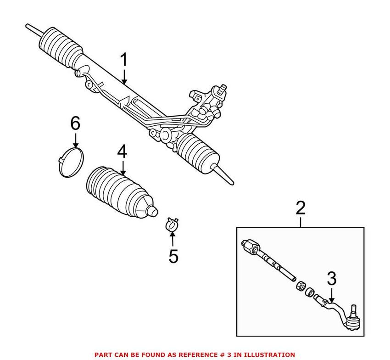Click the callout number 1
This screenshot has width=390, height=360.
point(124,61)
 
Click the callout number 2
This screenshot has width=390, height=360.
point(301,208)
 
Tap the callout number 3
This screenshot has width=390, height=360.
point(331,278)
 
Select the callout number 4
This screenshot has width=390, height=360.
point(122,152)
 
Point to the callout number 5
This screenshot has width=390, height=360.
point(173,256)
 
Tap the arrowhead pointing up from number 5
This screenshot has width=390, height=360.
point(173,235)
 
